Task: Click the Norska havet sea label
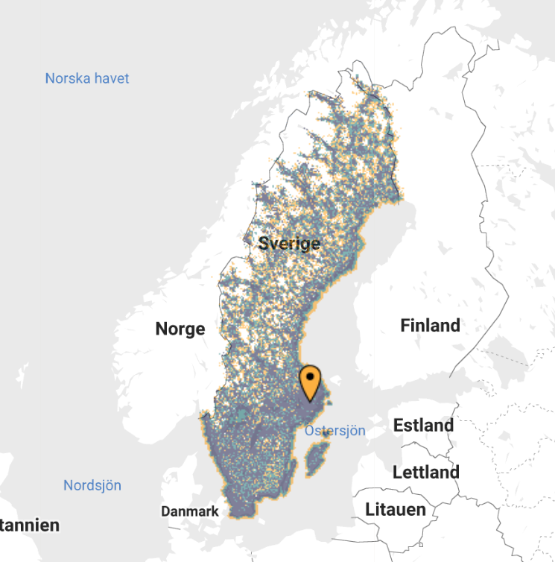click(x=87, y=78)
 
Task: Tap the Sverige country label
click(x=289, y=244)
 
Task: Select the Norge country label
click(x=180, y=329)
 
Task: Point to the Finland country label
click(x=430, y=326)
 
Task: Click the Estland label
click(x=423, y=426)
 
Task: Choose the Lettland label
click(x=425, y=473)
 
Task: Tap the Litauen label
click(x=396, y=510)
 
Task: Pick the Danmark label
click(x=190, y=511)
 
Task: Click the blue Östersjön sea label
click(x=335, y=431)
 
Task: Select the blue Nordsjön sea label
click(x=92, y=485)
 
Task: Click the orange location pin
click(x=309, y=382)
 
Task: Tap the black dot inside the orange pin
click(x=309, y=376)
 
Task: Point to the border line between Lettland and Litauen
click(x=417, y=491)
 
